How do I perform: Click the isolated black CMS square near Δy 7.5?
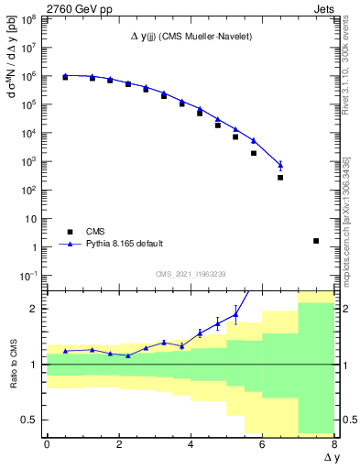coord(316,241)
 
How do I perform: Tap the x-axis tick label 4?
coord(191,444)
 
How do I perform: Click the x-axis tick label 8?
coord(334,444)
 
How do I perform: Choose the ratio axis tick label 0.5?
coord(29,420)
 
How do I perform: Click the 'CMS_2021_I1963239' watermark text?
coord(190,274)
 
